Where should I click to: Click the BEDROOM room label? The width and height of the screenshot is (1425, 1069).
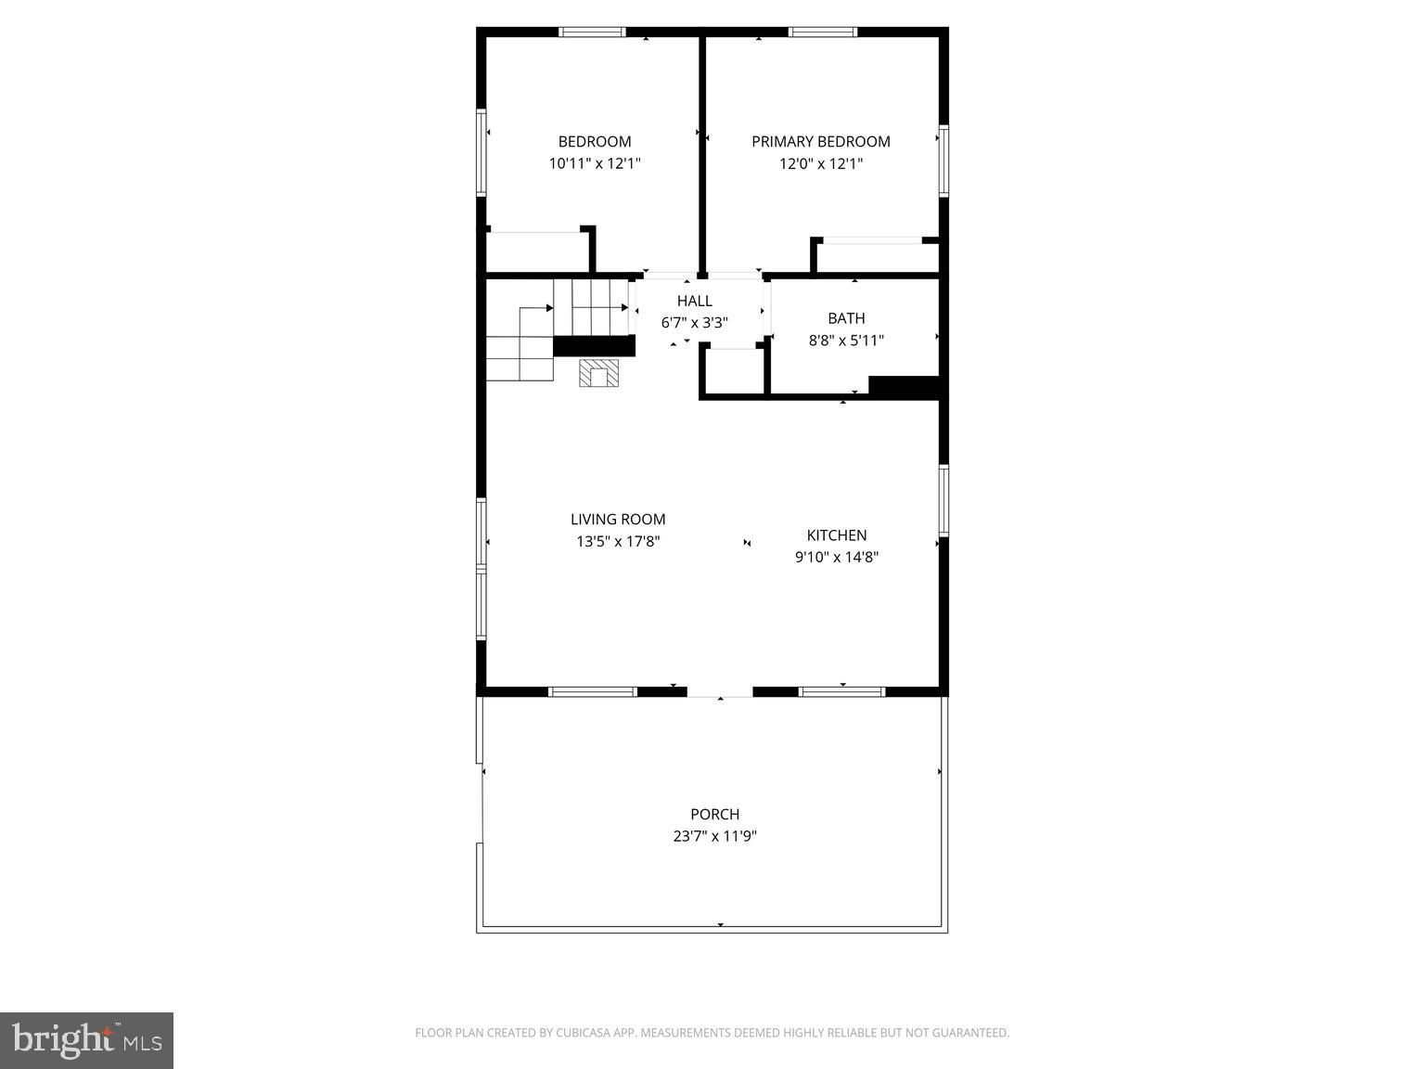tap(595, 142)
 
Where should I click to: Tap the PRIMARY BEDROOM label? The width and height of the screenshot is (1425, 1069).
tap(820, 142)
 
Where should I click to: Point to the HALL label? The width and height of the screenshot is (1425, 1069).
tap(694, 301)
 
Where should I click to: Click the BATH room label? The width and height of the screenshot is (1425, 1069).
tap(846, 318)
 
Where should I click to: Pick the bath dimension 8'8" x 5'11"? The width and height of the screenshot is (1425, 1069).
tap(846, 341)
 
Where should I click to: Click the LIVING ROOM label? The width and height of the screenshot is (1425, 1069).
tap(618, 520)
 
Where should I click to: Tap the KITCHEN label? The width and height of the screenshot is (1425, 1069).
tap(837, 535)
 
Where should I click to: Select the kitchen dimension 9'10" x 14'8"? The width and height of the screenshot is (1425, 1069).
tap(837, 558)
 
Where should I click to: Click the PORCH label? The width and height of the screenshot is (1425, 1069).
tap(714, 815)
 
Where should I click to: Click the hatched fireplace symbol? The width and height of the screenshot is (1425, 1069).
tap(598, 373)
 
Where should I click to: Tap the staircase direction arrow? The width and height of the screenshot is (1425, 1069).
tap(549, 308)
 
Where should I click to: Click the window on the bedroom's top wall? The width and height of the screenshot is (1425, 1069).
tap(592, 32)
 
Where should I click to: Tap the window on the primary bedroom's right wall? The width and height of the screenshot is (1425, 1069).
tap(944, 161)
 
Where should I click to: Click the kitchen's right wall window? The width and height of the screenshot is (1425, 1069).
tap(944, 501)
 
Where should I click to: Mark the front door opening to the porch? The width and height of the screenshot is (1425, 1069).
tap(720, 692)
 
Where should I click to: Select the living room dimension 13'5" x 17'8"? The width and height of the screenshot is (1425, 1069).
tap(618, 542)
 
